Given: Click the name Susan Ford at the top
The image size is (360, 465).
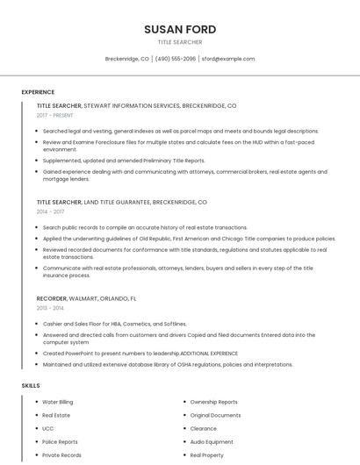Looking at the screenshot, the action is pyautogui.click(x=179, y=29).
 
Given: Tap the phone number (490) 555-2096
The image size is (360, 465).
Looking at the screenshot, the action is pyautogui.click(x=176, y=59).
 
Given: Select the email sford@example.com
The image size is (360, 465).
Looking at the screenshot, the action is pyautogui.click(x=228, y=59).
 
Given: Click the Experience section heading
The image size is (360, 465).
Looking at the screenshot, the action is pyautogui.click(x=38, y=92).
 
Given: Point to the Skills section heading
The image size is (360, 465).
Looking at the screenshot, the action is pyautogui.click(x=30, y=385).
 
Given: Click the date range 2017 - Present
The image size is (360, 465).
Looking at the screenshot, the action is pyautogui.click(x=55, y=115).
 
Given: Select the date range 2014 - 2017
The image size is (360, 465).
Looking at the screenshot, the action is pyautogui.click(x=50, y=211).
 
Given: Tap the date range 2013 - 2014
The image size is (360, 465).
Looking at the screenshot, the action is pyautogui.click(x=50, y=308).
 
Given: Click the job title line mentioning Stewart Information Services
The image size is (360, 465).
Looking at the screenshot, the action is pyautogui.click(x=136, y=105).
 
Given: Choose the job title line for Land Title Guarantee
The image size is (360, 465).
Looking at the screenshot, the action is pyautogui.click(x=121, y=202).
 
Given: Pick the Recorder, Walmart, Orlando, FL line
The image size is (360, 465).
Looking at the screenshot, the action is pyautogui.click(x=86, y=298).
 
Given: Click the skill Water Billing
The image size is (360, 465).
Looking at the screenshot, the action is pyautogui.click(x=58, y=402).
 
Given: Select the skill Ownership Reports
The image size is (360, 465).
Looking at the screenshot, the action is pyautogui.click(x=213, y=402).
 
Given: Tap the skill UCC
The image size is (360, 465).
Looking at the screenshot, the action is pyautogui.click(x=47, y=429).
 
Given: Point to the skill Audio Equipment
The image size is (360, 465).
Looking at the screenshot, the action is pyautogui.click(x=212, y=442).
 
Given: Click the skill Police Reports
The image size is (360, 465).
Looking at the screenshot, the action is pyautogui.click(x=60, y=442).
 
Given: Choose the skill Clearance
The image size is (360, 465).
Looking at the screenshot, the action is pyautogui.click(x=203, y=429).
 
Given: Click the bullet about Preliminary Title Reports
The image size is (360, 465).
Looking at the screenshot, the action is pyautogui.click(x=123, y=161).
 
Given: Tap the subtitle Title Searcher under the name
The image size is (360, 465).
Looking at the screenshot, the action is pyautogui.click(x=179, y=42).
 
